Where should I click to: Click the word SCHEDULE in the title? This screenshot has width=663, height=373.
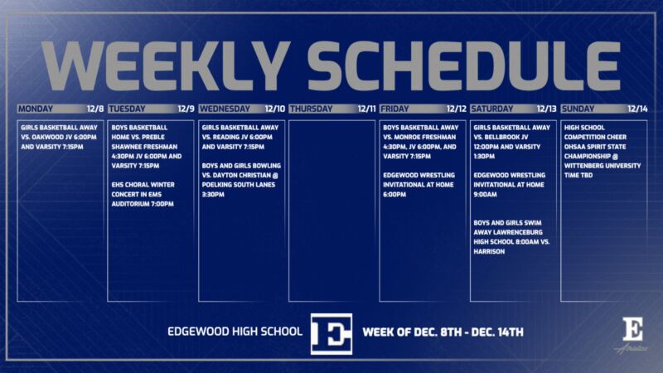pyautogui.click(x=462, y=64)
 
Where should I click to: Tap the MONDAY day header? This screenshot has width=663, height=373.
pyautogui.click(x=36, y=109)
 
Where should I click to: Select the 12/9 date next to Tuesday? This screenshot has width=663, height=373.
pyautogui.click(x=186, y=109)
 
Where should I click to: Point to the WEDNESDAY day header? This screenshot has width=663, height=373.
pyautogui.click(x=225, y=109)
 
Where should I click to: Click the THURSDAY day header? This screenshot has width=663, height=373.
pyautogui.click(x=312, y=109)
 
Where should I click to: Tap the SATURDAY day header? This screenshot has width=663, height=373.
pyautogui.click(x=492, y=109)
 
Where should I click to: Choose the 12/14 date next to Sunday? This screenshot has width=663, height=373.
pyautogui.click(x=637, y=109)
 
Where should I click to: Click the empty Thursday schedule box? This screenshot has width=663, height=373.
pyautogui.click(x=332, y=211)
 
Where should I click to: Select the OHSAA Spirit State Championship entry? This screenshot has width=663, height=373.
pyautogui.click(x=603, y=151)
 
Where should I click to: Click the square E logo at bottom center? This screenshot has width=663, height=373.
pyautogui.click(x=331, y=334)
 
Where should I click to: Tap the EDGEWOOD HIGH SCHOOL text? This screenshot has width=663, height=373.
pyautogui.click(x=235, y=333)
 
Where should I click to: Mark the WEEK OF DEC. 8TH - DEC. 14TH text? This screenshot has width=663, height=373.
pyautogui.click(x=443, y=333)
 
